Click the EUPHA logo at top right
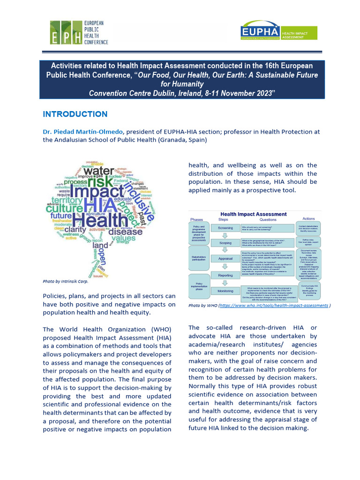278,33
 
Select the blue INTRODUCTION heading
75,114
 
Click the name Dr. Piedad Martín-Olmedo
82,132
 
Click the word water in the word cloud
99,172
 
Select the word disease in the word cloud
125,231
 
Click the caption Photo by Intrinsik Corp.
65,281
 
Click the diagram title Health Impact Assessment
254,214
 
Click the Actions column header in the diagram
309,218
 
